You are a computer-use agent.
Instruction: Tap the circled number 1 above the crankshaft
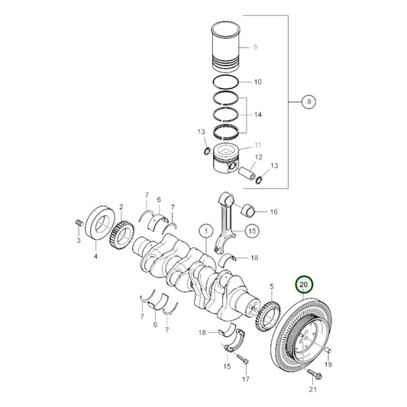[205, 230]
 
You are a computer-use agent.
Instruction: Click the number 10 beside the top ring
[257, 81]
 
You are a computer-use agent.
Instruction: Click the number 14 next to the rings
[257, 115]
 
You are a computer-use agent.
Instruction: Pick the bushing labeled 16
[253, 211]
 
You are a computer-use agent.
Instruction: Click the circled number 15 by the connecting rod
[251, 230]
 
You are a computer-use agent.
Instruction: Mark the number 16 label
[273, 212]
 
